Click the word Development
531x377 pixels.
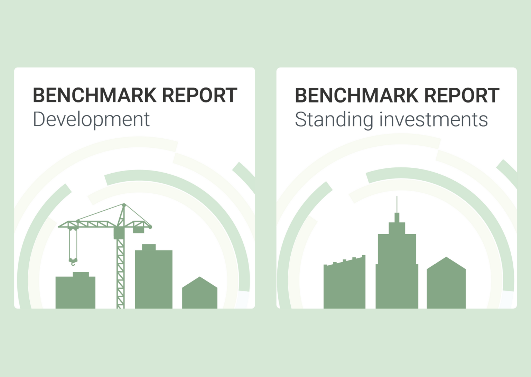91,120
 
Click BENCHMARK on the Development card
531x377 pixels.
94,95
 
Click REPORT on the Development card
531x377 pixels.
199,95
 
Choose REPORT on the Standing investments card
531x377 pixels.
462,95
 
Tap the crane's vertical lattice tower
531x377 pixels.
120,273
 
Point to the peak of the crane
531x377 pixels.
124,205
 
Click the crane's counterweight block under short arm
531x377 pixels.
139,229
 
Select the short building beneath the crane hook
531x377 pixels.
75,292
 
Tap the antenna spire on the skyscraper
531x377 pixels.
397,205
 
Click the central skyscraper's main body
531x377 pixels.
397,273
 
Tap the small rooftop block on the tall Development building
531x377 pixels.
149,247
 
